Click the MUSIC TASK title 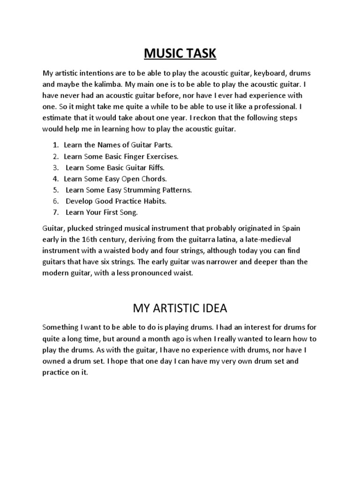point(180,53)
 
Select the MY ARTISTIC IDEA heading point(180,308)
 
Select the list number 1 point(55,145)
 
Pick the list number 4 point(55,179)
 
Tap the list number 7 point(55,212)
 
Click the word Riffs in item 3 point(155,167)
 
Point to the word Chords point(154,179)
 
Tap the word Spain point(291,228)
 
